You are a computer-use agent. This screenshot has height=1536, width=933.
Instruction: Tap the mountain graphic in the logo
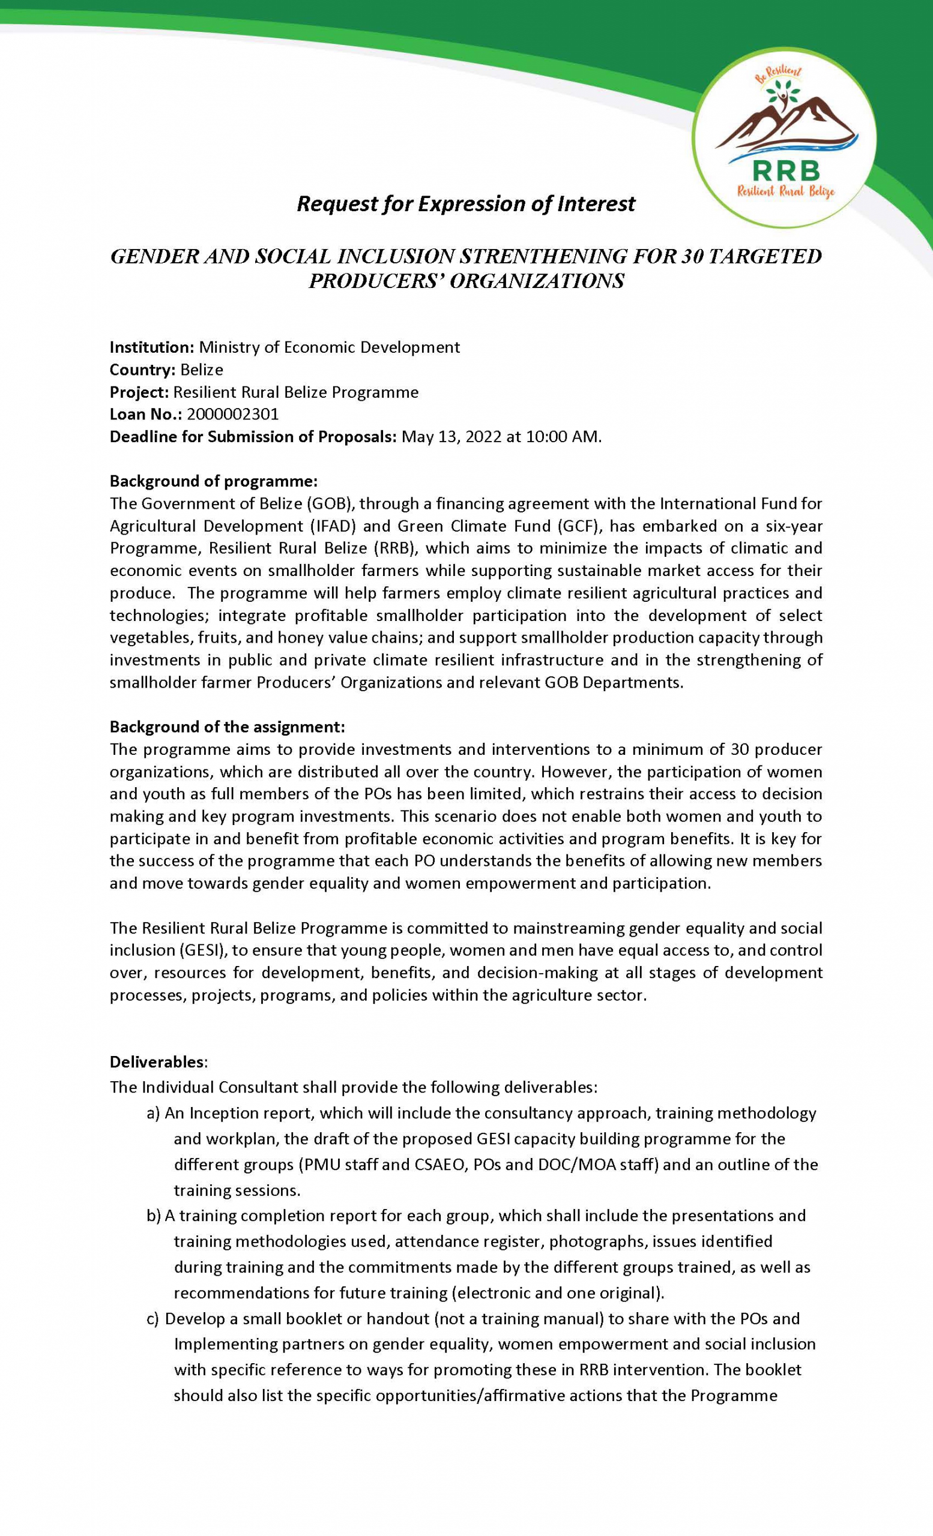point(786,122)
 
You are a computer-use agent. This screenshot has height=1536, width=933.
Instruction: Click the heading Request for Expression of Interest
point(466,204)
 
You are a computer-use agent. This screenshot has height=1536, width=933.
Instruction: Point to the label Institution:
point(152,347)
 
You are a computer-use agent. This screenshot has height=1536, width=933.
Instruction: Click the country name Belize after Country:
point(202,370)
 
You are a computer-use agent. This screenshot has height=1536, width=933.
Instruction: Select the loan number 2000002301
point(232,415)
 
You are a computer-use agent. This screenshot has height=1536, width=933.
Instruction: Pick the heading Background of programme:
point(214,481)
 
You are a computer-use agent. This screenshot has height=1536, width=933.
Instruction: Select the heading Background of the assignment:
point(227,727)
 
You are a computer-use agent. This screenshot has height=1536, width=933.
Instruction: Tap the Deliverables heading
point(157,1061)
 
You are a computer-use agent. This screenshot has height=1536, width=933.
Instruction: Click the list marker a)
point(154,1114)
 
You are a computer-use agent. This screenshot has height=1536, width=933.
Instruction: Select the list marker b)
point(154,1216)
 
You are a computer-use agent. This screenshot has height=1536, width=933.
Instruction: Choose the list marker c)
point(154,1318)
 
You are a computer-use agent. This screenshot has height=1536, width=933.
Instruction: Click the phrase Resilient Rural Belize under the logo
point(786,193)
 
